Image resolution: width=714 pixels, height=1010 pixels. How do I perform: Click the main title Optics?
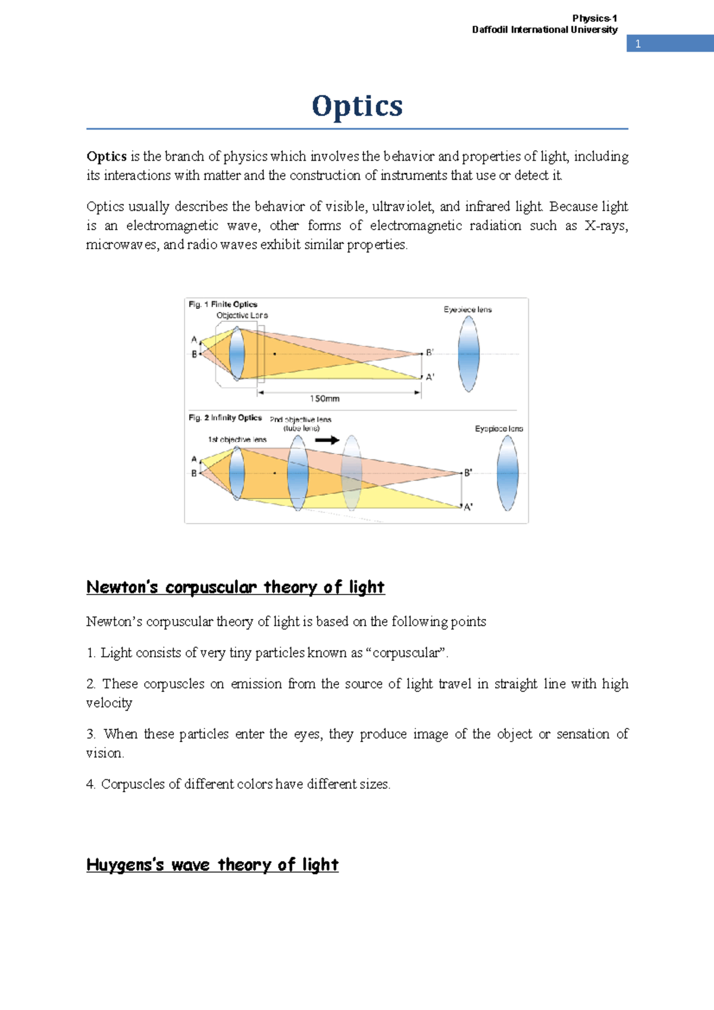pos(357,106)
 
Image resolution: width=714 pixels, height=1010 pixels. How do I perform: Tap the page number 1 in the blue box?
pos(638,43)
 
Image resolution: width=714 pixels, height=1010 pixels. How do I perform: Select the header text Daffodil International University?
pos(544,30)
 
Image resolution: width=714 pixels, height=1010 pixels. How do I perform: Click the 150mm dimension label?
pos(324,398)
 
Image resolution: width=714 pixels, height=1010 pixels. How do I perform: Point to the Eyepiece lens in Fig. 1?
pos(469,353)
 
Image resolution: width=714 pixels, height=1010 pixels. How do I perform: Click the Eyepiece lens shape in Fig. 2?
pos(507,473)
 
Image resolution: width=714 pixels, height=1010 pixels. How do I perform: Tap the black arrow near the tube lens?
pos(327,440)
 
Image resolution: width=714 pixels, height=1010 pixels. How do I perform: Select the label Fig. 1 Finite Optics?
pos(223,304)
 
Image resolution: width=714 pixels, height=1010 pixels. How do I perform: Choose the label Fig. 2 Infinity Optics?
pos(225,418)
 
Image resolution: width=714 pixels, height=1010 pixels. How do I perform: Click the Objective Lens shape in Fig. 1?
pos(237,353)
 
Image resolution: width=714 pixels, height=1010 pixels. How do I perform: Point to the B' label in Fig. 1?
pos(430,353)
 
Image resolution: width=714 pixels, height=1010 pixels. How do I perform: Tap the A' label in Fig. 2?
pos(468,507)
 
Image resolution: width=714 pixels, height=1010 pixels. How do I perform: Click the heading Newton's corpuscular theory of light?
pos(235,587)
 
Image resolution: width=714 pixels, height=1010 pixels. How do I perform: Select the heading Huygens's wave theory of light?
pos(212,865)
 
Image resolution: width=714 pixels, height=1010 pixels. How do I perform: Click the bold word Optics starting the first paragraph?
pos(107,157)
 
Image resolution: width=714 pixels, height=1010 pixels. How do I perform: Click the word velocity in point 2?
pos(109,703)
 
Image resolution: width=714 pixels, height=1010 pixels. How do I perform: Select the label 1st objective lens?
pos(237,439)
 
